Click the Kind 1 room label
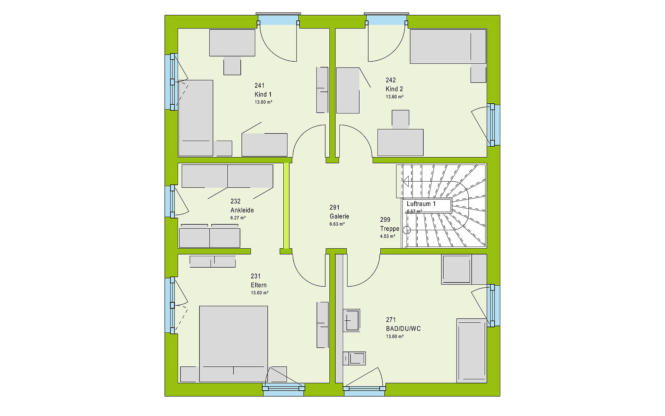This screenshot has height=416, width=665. click(263, 94)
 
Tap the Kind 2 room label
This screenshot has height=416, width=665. click(394, 89)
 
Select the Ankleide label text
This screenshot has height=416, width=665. click(242, 210)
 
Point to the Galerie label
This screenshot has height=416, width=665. click(339, 216)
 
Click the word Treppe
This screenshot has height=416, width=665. click(390, 229)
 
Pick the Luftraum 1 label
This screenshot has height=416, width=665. click(421, 204)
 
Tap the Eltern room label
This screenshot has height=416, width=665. click(259, 285)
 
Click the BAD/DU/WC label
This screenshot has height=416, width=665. click(403, 329)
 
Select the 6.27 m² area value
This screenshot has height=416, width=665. click(238, 218)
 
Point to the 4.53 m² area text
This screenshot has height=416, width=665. click(388, 236)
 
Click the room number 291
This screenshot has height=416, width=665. click(335, 207)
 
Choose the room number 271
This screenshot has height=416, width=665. click(391, 320)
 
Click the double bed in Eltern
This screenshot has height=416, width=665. click(233, 344)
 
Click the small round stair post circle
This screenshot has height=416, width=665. click(407, 230)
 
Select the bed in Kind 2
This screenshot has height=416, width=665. click(448, 46)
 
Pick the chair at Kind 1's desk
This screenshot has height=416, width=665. click(232, 66)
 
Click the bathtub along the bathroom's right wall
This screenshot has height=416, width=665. click(472, 350)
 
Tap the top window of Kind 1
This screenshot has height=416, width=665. click(278, 20)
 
